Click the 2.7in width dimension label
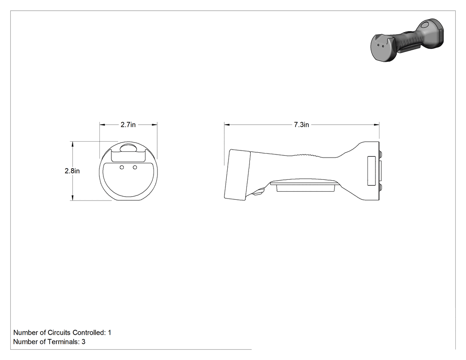(128, 125)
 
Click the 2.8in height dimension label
(72, 171)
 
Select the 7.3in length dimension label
(301, 125)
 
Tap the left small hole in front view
(122, 168)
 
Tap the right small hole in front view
(135, 168)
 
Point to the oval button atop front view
(128, 148)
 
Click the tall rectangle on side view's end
(371, 171)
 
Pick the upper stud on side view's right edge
(380, 154)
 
